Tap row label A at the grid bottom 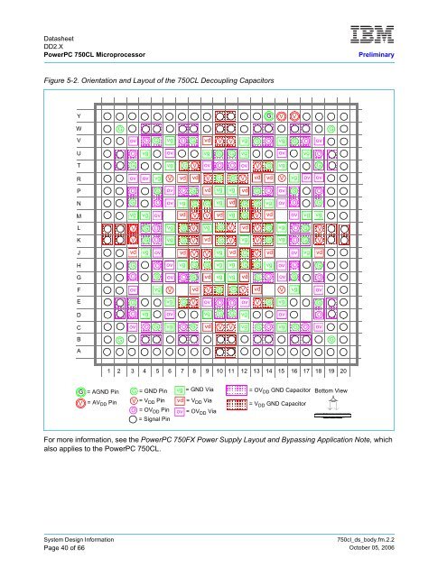pos(79,351)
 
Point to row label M pos(79,216)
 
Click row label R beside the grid pos(79,178)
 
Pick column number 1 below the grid pos(108,370)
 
